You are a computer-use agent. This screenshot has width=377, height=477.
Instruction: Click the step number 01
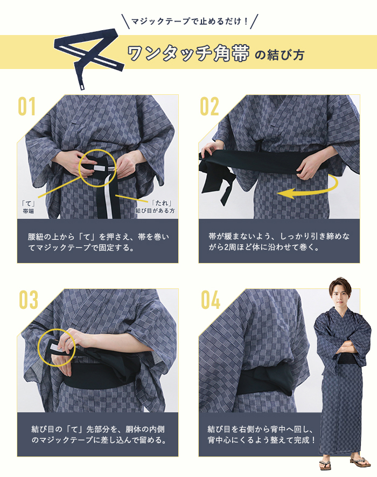[x=27, y=106]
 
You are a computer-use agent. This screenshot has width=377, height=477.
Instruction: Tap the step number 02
[x=209, y=106]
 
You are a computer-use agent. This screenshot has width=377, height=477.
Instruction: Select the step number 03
[x=29, y=299]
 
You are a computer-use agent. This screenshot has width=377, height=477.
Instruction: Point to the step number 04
[x=211, y=299]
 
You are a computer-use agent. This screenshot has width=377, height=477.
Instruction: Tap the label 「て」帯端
[x=28, y=207]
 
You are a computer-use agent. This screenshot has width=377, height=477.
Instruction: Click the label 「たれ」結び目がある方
[x=155, y=207]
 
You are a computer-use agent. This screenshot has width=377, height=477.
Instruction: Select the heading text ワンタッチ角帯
[x=188, y=54]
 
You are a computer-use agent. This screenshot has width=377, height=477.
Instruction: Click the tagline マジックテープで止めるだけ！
[x=190, y=22]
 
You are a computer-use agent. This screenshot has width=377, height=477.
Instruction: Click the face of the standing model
[x=340, y=294]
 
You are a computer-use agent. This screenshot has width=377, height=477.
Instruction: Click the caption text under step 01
[x=98, y=242]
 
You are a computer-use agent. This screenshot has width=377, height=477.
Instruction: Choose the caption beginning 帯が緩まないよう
[x=279, y=241]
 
